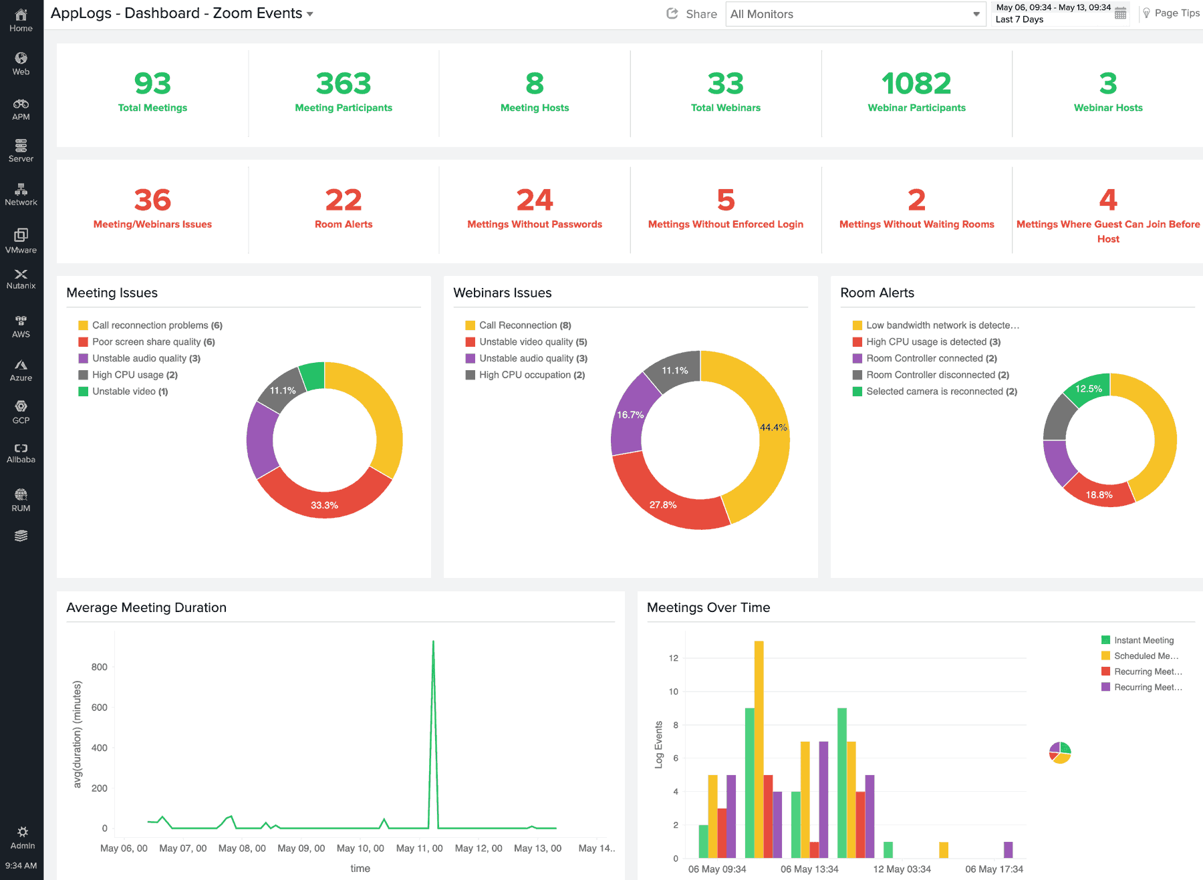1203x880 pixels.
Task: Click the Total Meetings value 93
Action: (x=152, y=84)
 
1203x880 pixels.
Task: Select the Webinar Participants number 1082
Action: (x=916, y=84)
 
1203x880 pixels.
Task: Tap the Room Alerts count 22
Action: (x=344, y=200)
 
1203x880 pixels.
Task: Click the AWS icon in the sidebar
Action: (x=21, y=326)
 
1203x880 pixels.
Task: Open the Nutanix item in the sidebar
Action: (x=21, y=279)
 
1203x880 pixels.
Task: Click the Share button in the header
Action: (x=692, y=14)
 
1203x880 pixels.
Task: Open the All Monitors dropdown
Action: (x=855, y=14)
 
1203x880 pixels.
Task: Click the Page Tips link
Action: (x=1171, y=13)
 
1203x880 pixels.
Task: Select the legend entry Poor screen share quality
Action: (x=147, y=342)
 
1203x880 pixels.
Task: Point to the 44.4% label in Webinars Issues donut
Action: (x=773, y=428)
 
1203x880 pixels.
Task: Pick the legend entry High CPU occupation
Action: (x=525, y=375)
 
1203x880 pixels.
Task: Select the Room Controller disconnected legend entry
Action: (x=931, y=375)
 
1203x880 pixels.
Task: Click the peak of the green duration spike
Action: (x=433, y=643)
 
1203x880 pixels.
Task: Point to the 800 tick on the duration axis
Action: (x=99, y=667)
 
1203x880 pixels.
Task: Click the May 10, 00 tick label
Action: (x=360, y=849)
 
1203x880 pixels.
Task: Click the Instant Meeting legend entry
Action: (x=1143, y=640)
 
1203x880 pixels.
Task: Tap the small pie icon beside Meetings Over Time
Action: (x=1060, y=752)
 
